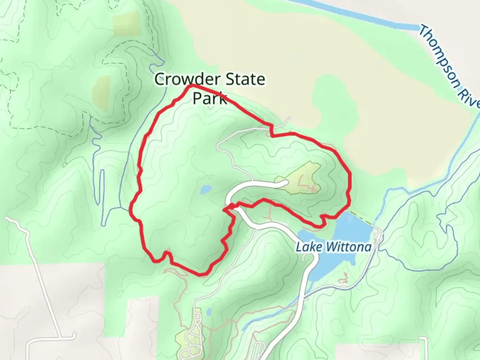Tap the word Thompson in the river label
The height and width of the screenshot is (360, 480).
coord(439,57)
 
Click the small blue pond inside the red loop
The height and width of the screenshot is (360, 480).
coord(205,190)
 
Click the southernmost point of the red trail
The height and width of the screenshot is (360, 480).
coord(201,275)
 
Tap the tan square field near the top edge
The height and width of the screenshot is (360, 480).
coord(127,25)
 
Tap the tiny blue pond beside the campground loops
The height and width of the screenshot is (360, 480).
coord(209,312)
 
